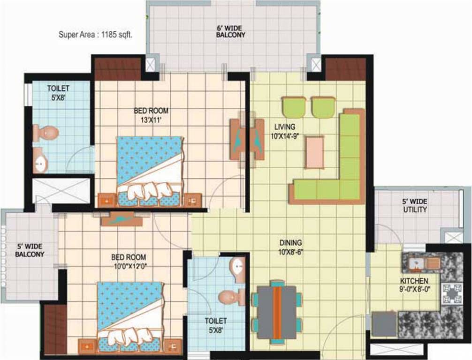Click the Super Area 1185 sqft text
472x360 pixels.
95,34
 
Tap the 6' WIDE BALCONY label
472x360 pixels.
230,31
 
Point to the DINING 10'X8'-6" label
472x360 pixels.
290,247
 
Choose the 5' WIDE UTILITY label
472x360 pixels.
415,206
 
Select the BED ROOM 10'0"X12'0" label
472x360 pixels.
129,261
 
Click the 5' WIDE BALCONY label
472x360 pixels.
29,250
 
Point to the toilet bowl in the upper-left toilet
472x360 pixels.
47,132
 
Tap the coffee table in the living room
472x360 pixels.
314,152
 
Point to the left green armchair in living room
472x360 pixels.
294,107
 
